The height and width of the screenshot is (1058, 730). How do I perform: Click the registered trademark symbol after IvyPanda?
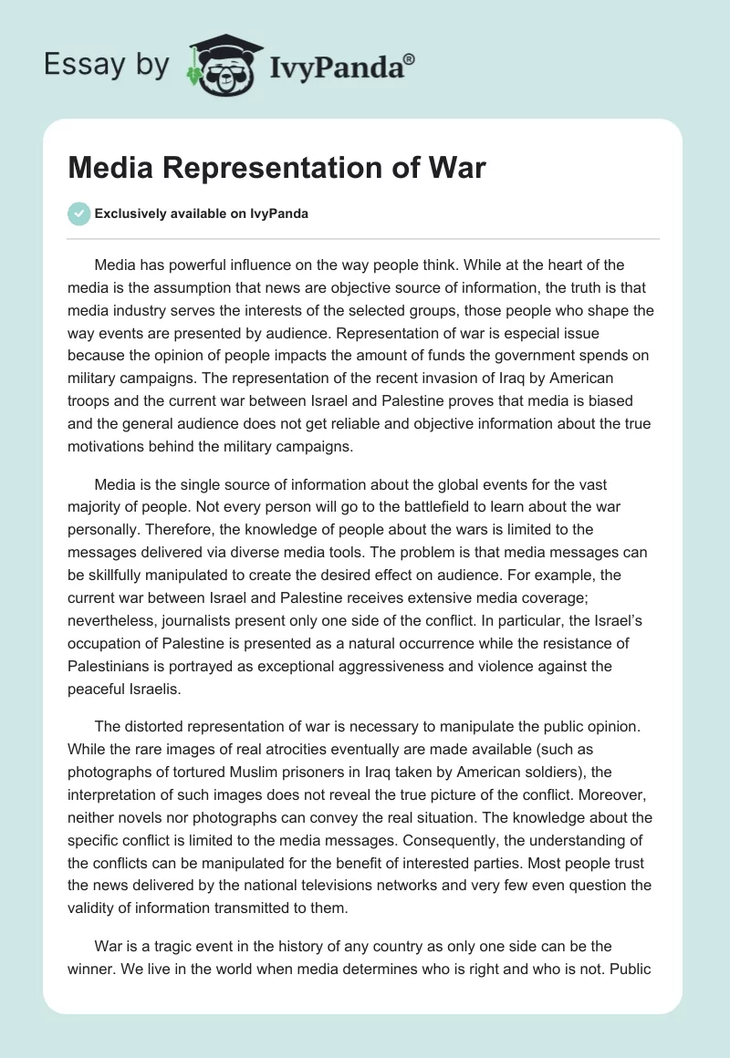coord(409,58)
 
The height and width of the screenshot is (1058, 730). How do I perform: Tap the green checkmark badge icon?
coord(79,213)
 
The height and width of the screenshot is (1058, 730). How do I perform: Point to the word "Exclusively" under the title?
coord(130,214)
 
